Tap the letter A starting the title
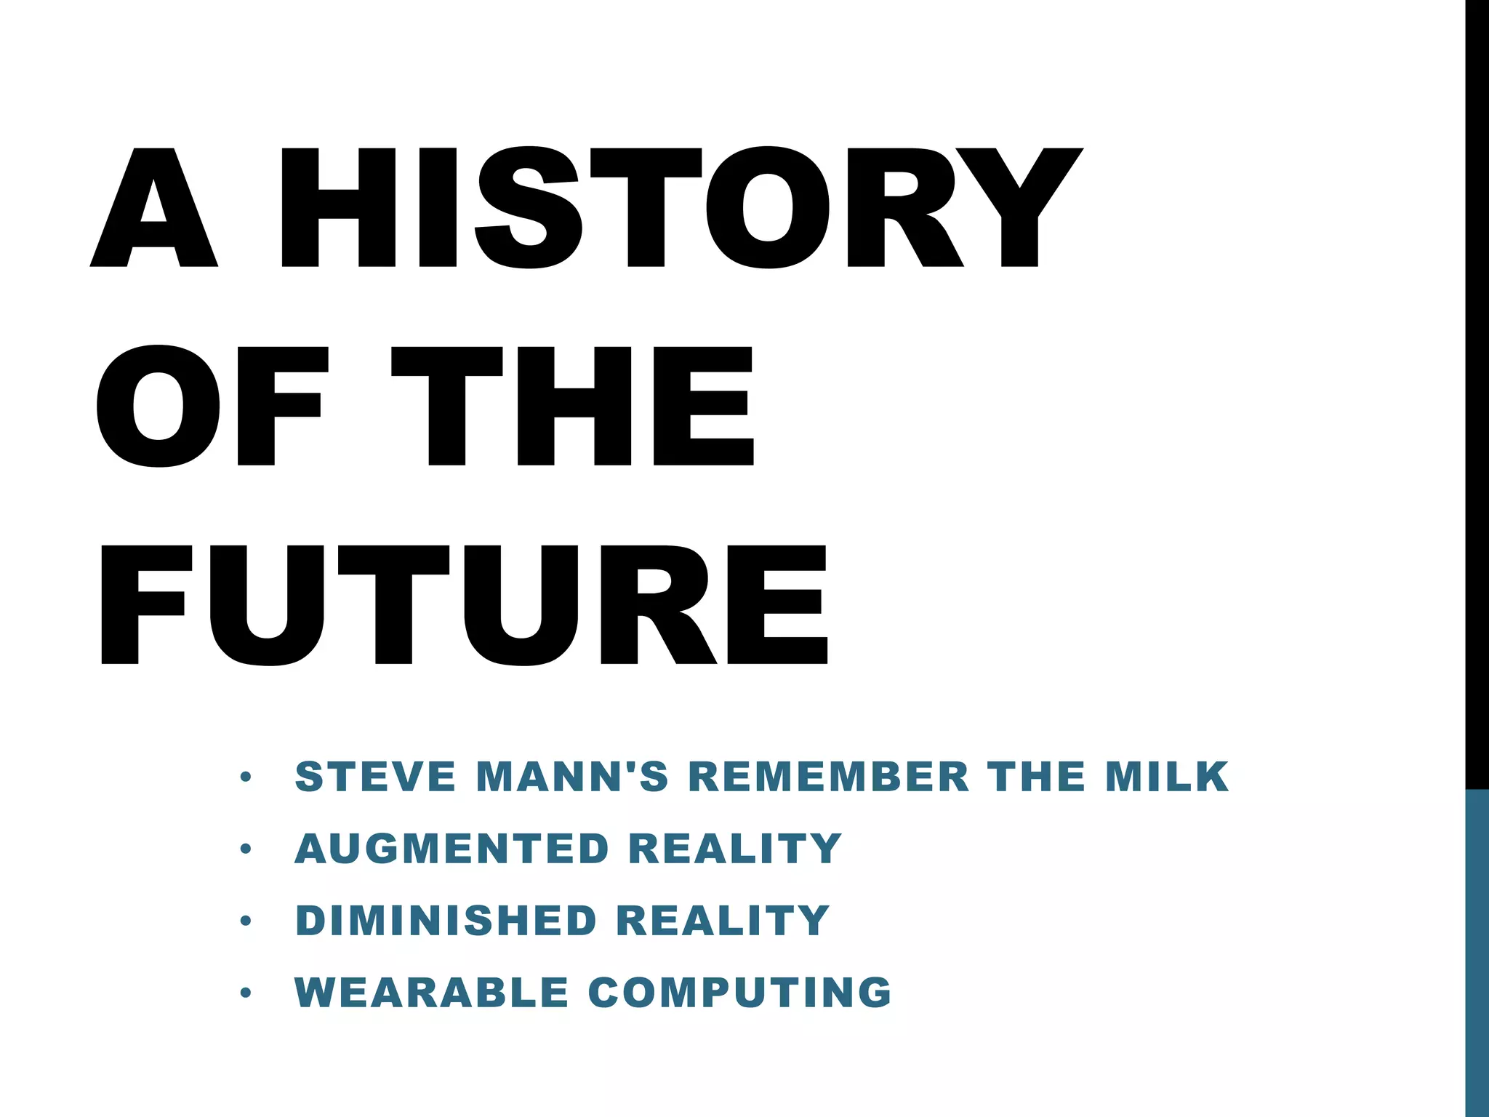coord(154,207)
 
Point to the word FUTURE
coord(464,604)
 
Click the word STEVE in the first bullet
coord(375,777)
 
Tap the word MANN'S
coord(571,777)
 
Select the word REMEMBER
coord(828,777)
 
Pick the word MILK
coord(1167,777)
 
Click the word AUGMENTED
coord(451,849)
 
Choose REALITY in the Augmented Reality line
coord(734,849)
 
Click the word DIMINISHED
coord(446,921)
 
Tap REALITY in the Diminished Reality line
coord(723,921)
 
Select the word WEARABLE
coord(431,993)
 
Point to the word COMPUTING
coord(739,993)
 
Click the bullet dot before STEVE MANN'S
coord(246,777)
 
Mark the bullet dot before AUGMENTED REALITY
coord(246,849)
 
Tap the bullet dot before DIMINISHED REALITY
coord(246,921)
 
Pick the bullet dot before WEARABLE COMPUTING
coord(246,993)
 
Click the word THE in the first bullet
coord(1036,777)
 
